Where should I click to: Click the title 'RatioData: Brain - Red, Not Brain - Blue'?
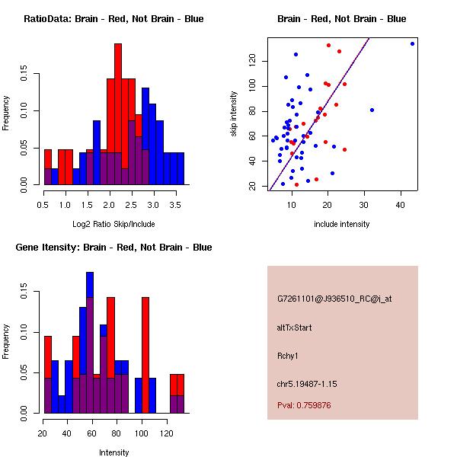113,19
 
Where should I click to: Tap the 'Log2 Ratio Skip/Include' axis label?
113,224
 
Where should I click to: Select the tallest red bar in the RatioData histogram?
118,114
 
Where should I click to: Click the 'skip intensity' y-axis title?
234,114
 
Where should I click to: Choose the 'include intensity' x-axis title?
341,224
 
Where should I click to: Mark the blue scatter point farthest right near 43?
412,43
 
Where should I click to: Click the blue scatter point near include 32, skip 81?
372,110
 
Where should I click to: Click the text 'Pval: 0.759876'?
304,405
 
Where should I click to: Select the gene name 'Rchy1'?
288,356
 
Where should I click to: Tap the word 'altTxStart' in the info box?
294,328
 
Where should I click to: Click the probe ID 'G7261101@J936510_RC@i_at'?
334,299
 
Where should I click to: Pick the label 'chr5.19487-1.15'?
307,384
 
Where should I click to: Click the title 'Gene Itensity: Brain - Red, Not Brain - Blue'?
113,248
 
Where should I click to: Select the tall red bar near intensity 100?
145,355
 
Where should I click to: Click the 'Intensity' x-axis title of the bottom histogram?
113,452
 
